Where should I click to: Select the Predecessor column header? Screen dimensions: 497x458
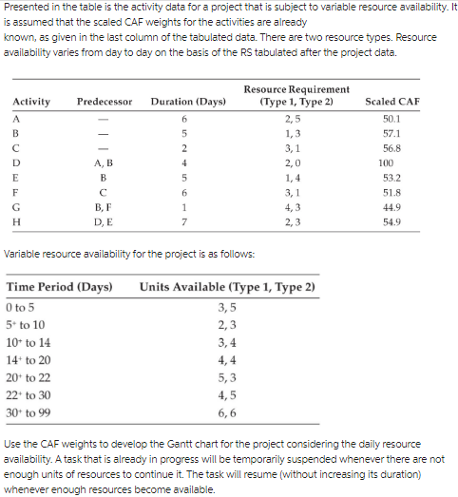[104, 102]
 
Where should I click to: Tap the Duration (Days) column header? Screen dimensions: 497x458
[187, 102]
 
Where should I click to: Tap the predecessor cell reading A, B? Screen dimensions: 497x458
[104, 162]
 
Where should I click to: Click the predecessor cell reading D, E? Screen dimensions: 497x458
[104, 221]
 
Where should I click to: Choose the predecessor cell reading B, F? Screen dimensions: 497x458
[104, 206]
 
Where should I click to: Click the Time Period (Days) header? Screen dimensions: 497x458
[59, 286]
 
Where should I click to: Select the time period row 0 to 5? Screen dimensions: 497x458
[20, 308]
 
